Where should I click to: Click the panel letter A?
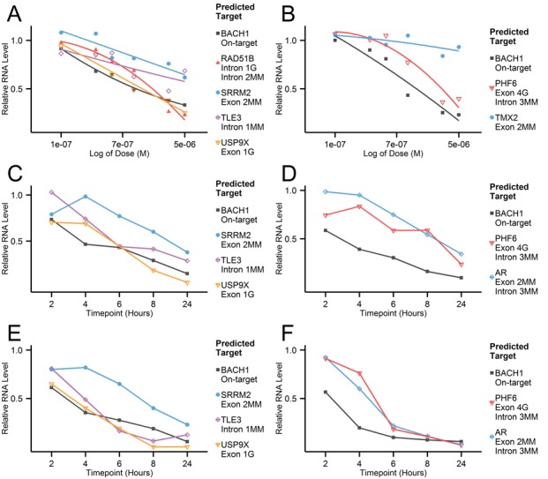point(14,14)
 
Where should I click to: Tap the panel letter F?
point(288,333)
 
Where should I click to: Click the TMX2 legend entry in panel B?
point(513,123)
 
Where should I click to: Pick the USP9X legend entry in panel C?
point(235,289)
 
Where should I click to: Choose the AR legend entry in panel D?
point(514,281)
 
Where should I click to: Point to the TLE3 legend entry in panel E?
point(240,424)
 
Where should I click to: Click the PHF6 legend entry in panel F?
point(514,408)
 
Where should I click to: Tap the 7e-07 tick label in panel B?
point(396,145)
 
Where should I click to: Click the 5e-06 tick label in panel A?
point(184,145)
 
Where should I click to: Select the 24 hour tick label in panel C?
point(187,303)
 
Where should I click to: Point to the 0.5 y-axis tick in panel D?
point(292,239)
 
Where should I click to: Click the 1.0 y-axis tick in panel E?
point(19,350)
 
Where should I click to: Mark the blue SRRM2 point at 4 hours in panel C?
point(86,197)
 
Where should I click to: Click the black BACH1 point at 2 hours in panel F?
point(326,392)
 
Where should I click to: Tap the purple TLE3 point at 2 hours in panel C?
point(51,192)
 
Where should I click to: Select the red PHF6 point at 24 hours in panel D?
point(462,265)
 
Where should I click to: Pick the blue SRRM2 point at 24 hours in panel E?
point(187,425)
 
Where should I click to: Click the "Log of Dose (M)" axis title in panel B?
point(394,153)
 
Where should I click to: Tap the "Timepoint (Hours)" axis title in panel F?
point(394,473)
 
